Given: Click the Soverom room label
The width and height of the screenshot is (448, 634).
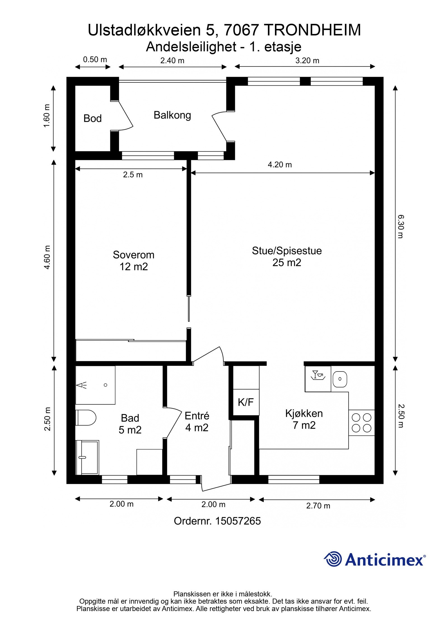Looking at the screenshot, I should (134, 255).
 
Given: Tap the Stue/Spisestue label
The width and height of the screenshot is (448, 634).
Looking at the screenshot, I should (286, 250).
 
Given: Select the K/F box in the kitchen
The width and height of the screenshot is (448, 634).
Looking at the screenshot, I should (246, 402).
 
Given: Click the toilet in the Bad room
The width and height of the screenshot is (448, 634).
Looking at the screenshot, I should (86, 417).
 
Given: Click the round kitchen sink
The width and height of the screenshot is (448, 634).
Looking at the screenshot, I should (340, 379).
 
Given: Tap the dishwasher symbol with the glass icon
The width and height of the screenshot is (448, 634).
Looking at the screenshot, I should (318, 375).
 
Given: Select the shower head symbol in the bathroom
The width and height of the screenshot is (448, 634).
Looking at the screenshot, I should (82, 385).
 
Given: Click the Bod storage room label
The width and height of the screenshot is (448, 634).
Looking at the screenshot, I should (92, 119).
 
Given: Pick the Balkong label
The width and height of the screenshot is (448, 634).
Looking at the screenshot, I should (172, 115).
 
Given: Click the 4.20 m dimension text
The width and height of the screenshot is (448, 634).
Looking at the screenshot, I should (280, 165).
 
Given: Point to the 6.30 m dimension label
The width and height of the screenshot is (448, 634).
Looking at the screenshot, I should (401, 226).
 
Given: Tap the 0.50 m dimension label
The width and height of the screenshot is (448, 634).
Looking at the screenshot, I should (95, 59).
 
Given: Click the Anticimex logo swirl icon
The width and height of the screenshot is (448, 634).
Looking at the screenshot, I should (333, 559).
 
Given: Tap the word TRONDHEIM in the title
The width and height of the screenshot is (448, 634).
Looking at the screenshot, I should (312, 30).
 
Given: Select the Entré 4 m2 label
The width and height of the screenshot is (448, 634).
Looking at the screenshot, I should (197, 422).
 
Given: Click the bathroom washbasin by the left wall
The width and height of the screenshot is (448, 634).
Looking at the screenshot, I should (87, 457).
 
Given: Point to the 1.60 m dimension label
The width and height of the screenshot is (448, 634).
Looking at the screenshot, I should (47, 116).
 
